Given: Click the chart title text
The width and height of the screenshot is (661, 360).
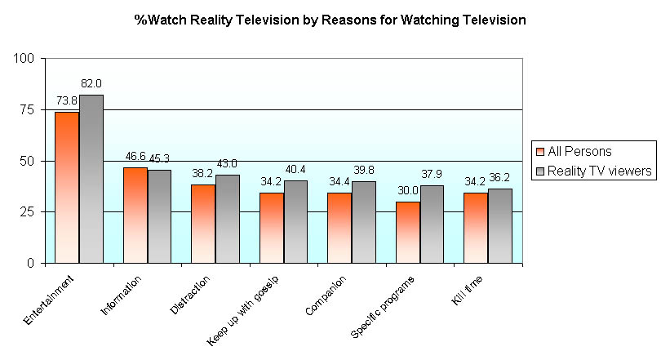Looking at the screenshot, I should [330, 20].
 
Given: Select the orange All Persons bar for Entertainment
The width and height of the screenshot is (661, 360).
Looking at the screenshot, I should [67, 187].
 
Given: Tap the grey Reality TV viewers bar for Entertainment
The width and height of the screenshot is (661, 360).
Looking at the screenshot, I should [91, 179].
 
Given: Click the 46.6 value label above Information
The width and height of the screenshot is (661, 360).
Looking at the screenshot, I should [135, 155].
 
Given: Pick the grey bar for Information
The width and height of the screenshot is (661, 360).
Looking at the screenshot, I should [159, 216].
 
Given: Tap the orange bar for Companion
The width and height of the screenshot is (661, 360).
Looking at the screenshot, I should [339, 228].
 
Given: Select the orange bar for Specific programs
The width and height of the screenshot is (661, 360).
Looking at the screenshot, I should [407, 232].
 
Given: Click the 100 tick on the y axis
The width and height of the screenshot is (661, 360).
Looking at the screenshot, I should [23, 59].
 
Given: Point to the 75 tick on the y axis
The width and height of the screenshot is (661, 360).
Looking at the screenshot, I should [26, 110].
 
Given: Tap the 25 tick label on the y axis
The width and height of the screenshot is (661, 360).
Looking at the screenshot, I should [26, 212].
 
